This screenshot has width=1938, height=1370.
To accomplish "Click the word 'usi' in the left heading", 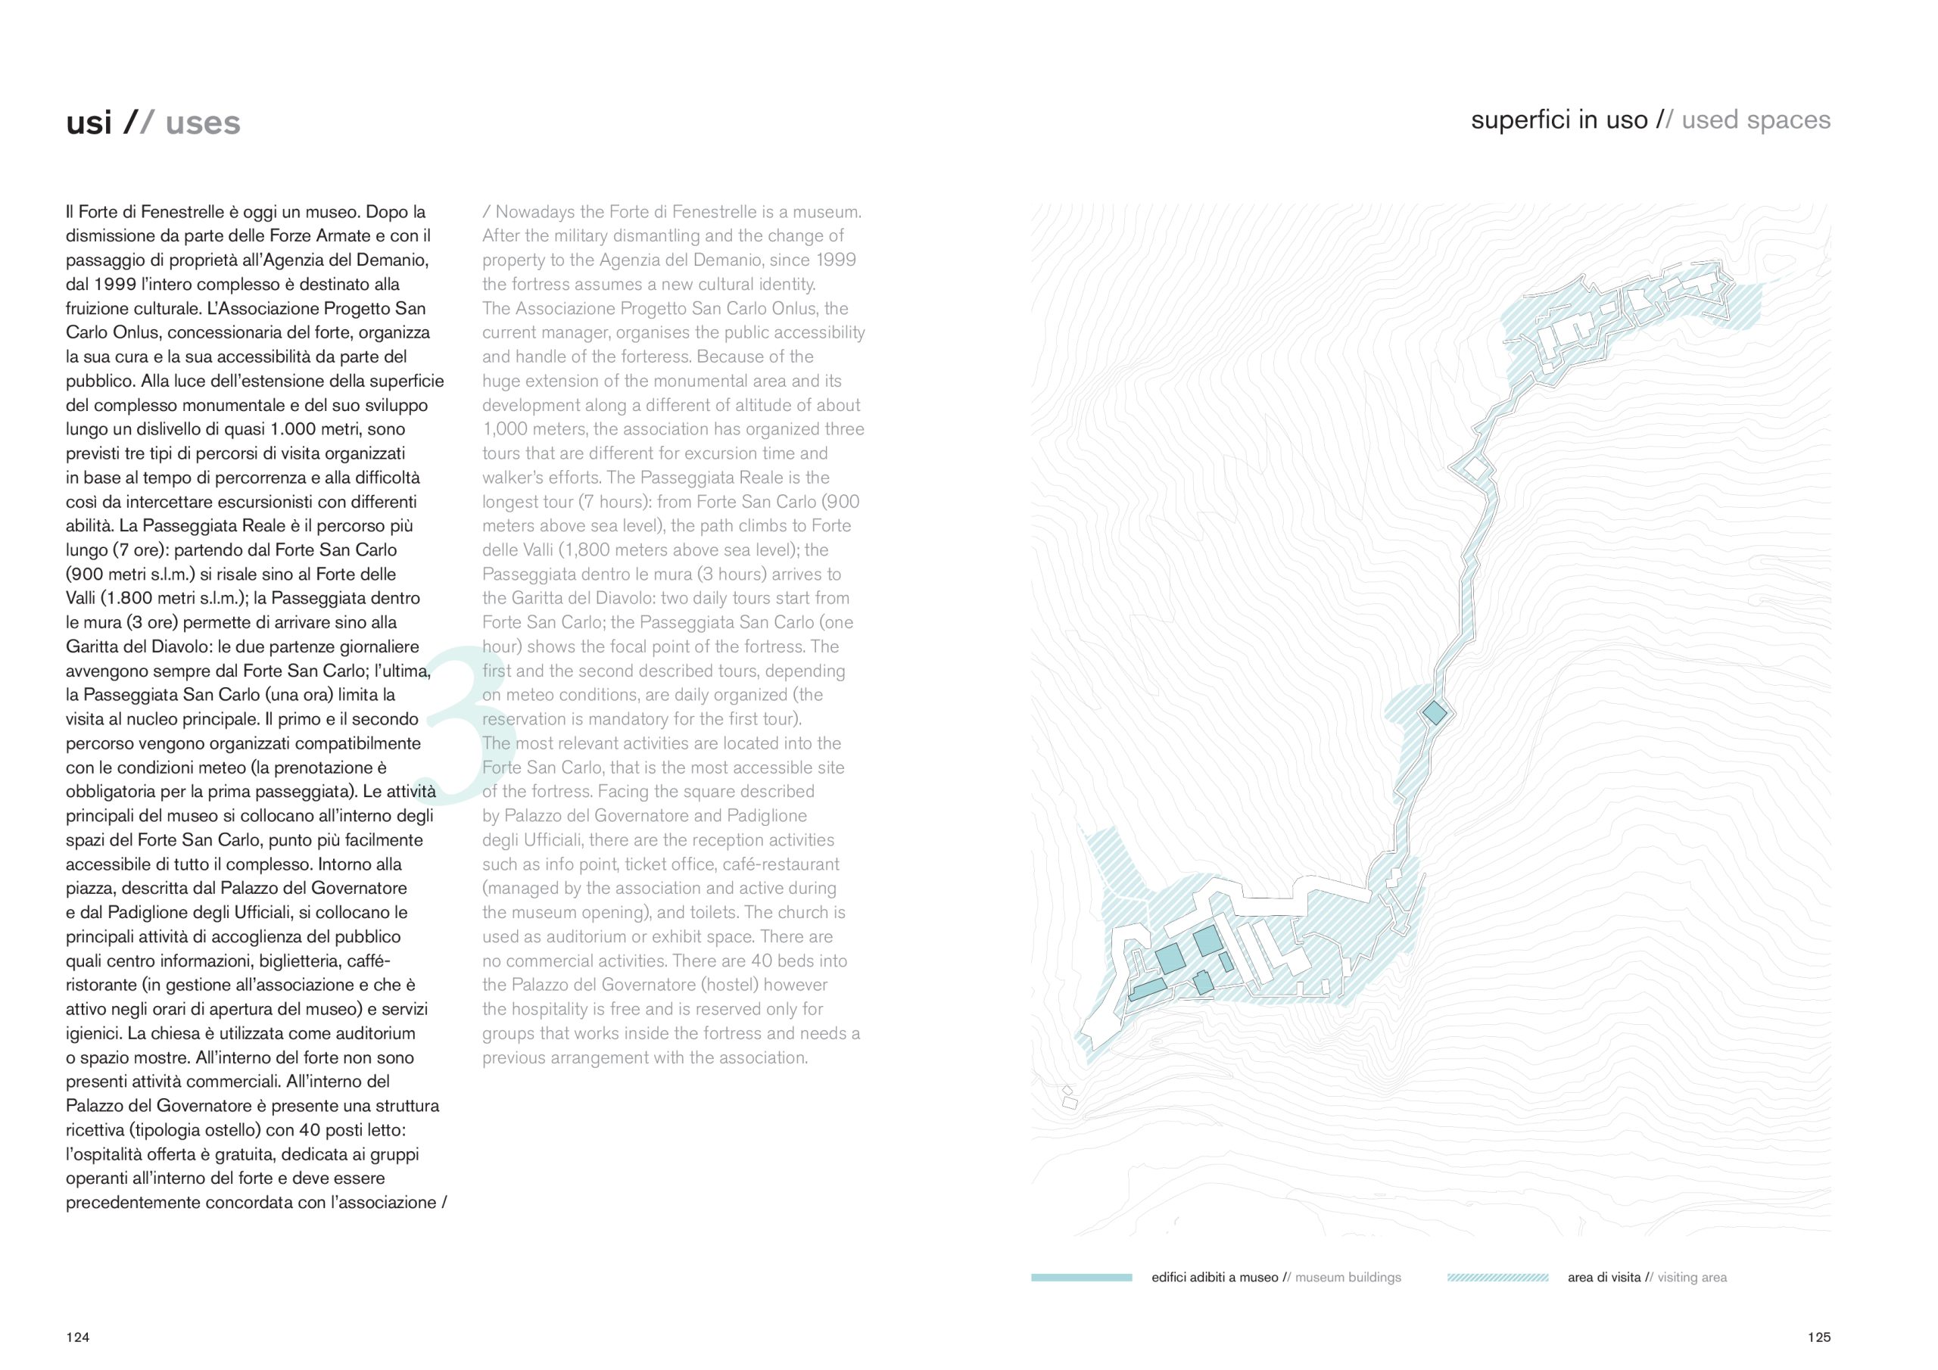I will (89, 123).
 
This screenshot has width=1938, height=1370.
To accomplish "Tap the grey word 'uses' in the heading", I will (203, 123).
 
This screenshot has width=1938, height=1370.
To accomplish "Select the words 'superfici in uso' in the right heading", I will (1559, 120).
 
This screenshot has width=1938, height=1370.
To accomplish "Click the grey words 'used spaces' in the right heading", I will (1756, 120).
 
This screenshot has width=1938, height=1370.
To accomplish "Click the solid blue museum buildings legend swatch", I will (1081, 1277).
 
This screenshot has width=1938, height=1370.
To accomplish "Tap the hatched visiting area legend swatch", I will (1497, 1277).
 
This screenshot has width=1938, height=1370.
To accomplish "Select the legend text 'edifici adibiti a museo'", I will (1214, 1277).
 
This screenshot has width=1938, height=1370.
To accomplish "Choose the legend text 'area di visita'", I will (1603, 1277).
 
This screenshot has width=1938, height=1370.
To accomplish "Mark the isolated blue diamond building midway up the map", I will (1434, 713).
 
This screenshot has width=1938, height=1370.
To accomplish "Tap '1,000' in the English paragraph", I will (506, 429).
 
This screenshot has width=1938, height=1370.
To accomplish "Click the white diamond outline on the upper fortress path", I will (1475, 466).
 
